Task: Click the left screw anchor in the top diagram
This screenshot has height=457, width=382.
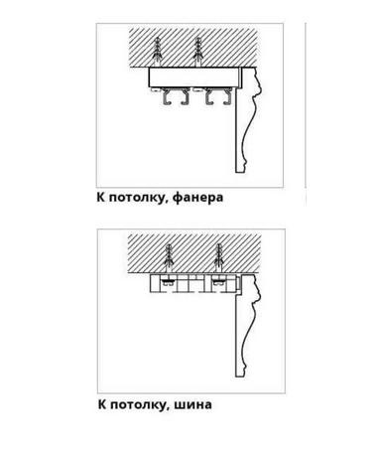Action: [157, 53]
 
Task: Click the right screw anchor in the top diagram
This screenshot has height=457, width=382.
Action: [197, 53]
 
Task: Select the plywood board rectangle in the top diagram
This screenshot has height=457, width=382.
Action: [193, 77]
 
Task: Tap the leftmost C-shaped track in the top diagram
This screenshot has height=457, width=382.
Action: [167, 98]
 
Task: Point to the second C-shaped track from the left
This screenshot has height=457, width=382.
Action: [186, 98]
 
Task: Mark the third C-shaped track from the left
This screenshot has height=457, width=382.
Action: [209, 98]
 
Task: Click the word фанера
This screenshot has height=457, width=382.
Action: [197, 198]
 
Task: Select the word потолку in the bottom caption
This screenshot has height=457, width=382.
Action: [137, 404]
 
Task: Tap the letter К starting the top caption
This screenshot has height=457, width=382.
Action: [101, 198]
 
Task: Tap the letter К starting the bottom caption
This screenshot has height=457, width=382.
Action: [102, 404]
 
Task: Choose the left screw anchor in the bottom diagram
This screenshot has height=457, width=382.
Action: [169, 259]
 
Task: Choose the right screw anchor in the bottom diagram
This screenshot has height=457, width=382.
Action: [218, 259]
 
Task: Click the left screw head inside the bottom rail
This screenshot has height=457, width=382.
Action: [169, 282]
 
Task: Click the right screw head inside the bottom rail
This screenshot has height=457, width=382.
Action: [218, 282]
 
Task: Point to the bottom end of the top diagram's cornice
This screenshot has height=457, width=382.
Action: [240, 172]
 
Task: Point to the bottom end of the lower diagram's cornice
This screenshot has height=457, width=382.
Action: [240, 377]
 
